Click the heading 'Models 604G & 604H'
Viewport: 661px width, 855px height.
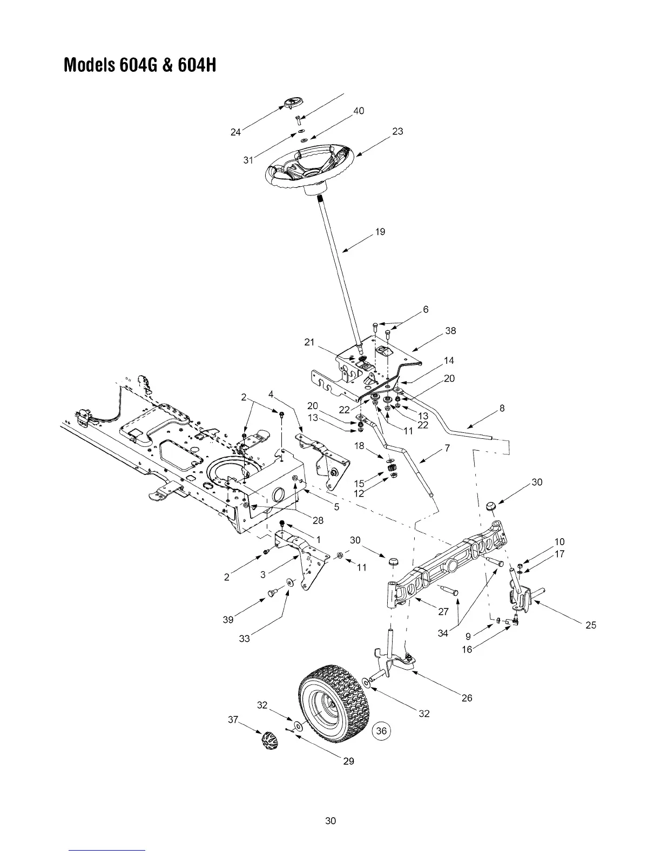[140, 65]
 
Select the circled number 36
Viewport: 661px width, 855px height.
[382, 731]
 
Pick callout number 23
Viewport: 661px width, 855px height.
[397, 131]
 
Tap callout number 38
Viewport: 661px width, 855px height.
[450, 331]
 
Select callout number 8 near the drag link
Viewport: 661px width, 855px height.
[502, 409]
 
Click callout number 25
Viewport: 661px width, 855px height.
[591, 625]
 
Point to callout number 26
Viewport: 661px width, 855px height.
[467, 698]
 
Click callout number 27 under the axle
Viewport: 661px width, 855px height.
[443, 612]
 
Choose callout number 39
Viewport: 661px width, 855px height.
[228, 620]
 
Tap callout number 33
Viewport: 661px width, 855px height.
[244, 639]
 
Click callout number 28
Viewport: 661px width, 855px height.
[318, 520]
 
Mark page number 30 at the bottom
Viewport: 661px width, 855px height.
[330, 821]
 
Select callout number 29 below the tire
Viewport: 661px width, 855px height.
[349, 761]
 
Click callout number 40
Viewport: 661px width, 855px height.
[359, 111]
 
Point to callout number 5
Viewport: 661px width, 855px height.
[336, 507]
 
